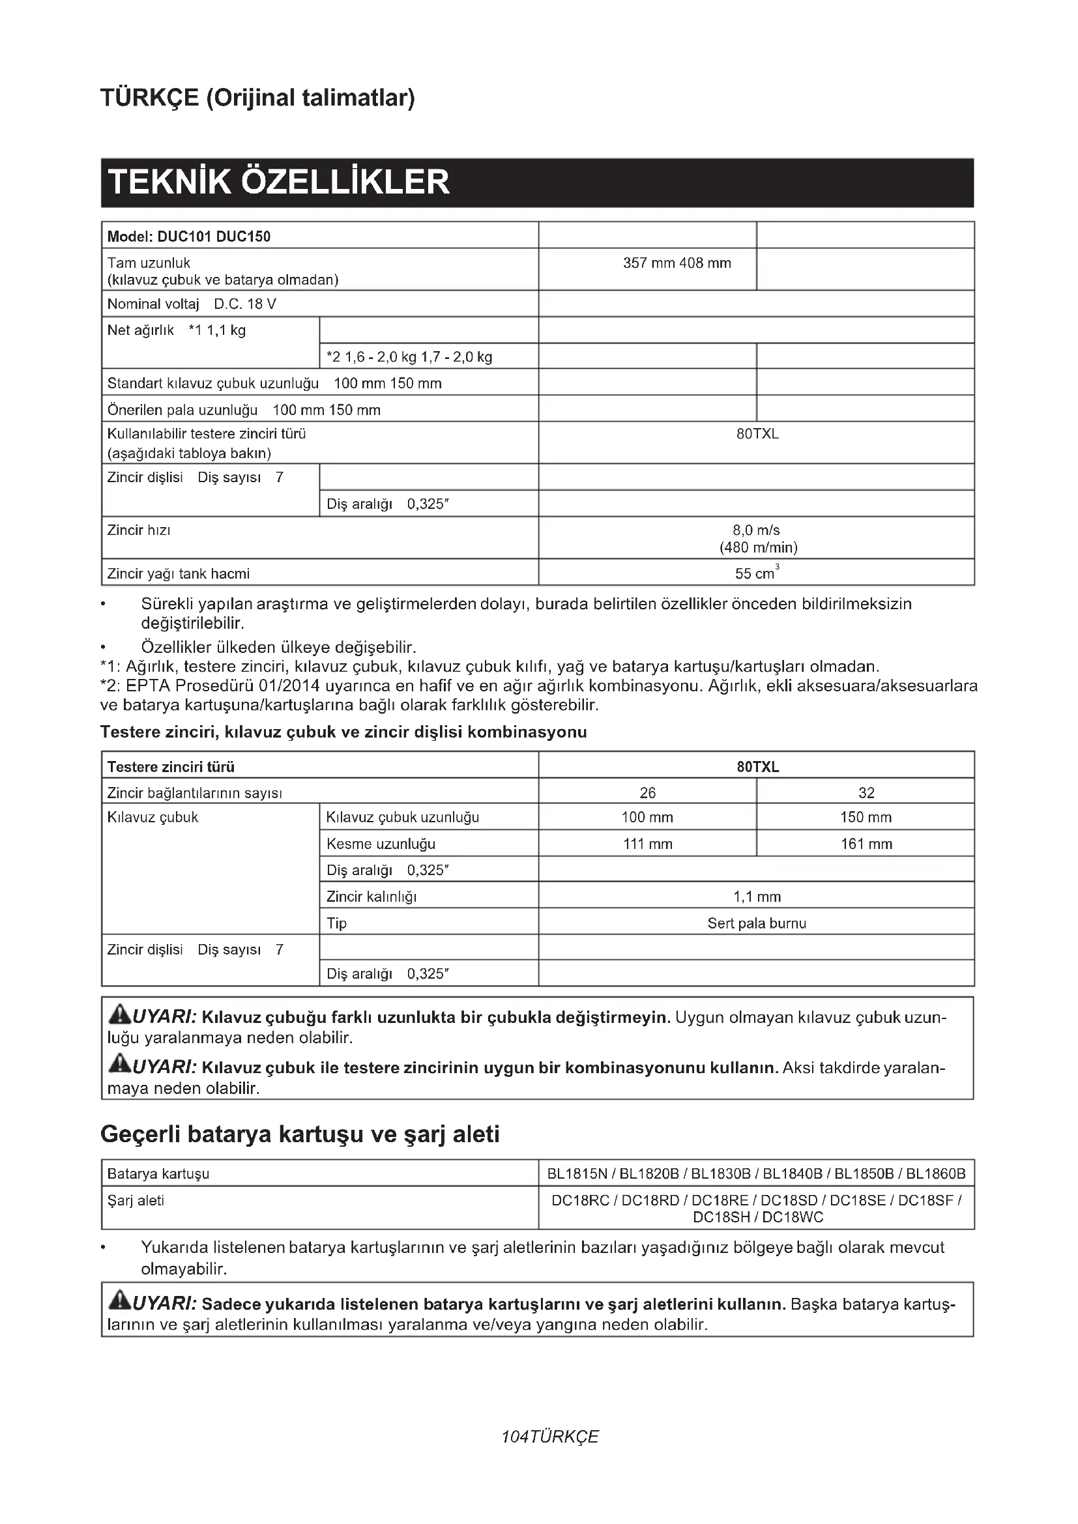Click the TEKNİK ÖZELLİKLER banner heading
279,182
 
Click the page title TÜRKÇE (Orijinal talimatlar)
257,98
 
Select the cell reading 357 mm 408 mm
677,263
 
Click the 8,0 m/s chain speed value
756,530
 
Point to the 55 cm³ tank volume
756,573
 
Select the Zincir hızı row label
139,530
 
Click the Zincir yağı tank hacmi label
179,573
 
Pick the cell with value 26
647,792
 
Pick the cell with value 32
866,792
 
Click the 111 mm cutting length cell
647,844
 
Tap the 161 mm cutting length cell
866,844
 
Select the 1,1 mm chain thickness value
757,897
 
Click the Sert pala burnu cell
757,923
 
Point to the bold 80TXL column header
757,767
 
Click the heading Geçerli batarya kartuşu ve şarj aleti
299,1134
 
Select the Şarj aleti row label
136,1200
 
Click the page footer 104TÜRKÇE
549,1437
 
